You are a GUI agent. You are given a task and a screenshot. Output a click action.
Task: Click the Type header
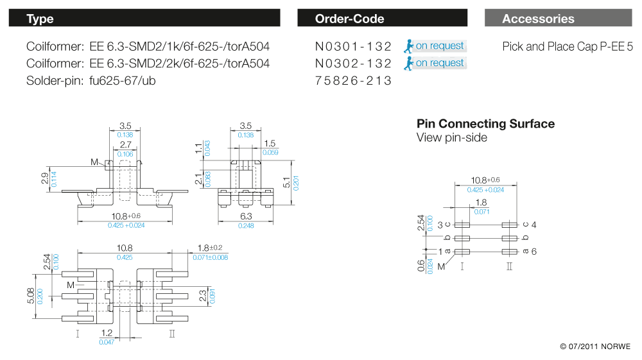click(40, 19)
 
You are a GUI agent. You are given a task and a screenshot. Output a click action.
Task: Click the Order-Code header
click(349, 19)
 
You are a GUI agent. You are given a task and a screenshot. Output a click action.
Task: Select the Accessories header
click(538, 19)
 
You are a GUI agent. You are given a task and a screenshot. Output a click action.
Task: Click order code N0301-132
click(353, 46)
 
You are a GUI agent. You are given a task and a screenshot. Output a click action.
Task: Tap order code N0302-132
click(353, 64)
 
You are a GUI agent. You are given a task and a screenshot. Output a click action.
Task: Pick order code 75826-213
click(353, 81)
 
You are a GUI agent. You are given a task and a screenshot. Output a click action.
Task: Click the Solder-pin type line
click(91, 81)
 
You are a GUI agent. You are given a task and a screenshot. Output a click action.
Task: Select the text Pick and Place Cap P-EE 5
click(568, 46)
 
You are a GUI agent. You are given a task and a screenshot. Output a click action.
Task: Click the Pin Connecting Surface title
click(485, 124)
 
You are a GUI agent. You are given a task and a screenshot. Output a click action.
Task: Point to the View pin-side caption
click(451, 137)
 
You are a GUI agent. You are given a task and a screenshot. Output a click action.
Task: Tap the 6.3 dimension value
click(245, 217)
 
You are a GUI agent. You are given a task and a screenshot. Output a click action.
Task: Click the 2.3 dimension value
click(202, 296)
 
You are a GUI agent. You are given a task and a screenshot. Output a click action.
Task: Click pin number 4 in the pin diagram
click(534, 225)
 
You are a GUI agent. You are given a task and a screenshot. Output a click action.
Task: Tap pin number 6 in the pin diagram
click(534, 252)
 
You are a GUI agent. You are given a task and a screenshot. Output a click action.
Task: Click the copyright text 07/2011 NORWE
click(595, 347)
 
